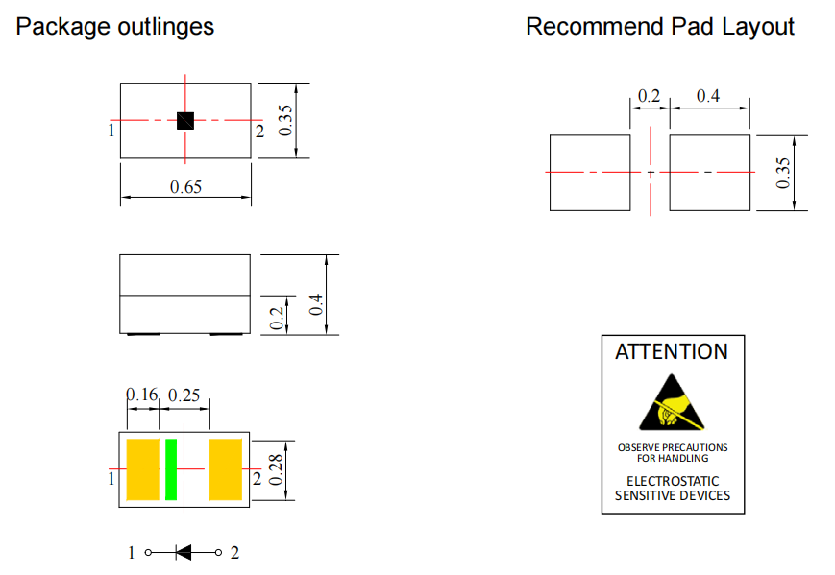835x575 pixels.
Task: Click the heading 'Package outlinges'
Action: [x=115, y=27]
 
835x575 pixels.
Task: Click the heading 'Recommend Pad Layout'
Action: [x=660, y=27]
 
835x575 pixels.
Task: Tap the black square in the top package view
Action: [x=185, y=121]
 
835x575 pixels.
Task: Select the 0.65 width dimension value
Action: [x=185, y=187]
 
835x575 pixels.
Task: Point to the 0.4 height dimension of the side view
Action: [x=316, y=306]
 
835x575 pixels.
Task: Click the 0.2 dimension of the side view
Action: [x=277, y=320]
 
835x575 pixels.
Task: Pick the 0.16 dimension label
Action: [x=141, y=395]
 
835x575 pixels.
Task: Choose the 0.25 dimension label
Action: [x=184, y=395]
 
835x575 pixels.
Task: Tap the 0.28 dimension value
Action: [x=277, y=470]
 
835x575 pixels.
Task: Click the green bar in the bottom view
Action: [x=171, y=469]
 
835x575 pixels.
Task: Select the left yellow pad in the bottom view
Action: [x=142, y=469]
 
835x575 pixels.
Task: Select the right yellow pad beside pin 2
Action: [x=226, y=469]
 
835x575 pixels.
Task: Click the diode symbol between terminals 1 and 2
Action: [x=184, y=552]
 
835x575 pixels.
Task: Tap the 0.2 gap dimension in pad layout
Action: [x=650, y=96]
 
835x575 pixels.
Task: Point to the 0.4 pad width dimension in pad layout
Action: [x=708, y=96]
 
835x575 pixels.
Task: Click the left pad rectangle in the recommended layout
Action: [x=589, y=173]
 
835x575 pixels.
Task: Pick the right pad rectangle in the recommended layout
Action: [x=709, y=173]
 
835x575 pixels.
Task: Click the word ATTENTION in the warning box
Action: [x=672, y=351]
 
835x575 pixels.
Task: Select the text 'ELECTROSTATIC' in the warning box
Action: [x=673, y=481]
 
